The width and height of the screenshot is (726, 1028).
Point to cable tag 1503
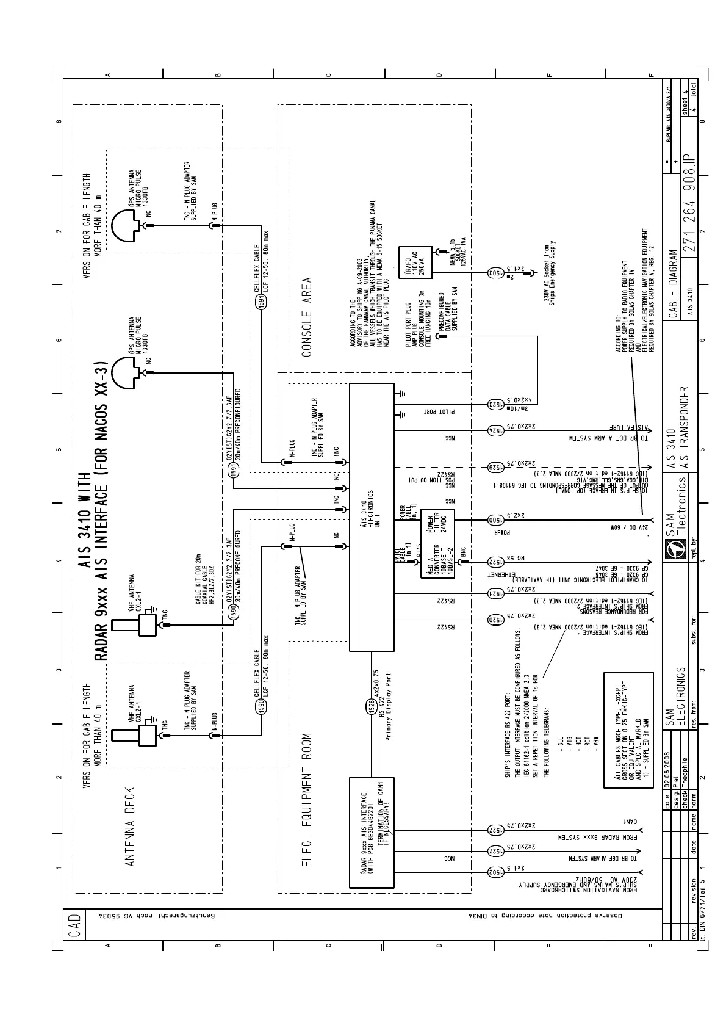coord(496,273)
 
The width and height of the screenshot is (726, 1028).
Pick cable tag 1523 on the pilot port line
coord(496,404)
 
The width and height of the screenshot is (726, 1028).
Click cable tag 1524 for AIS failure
coord(496,430)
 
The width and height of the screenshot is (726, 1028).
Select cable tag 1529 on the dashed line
coord(496,468)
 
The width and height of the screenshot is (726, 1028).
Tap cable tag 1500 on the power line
coord(496,520)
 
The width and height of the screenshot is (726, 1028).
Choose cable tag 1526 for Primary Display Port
coord(371,706)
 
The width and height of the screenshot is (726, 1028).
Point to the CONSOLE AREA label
coord(307,317)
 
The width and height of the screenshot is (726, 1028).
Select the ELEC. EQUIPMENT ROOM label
coord(307,799)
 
